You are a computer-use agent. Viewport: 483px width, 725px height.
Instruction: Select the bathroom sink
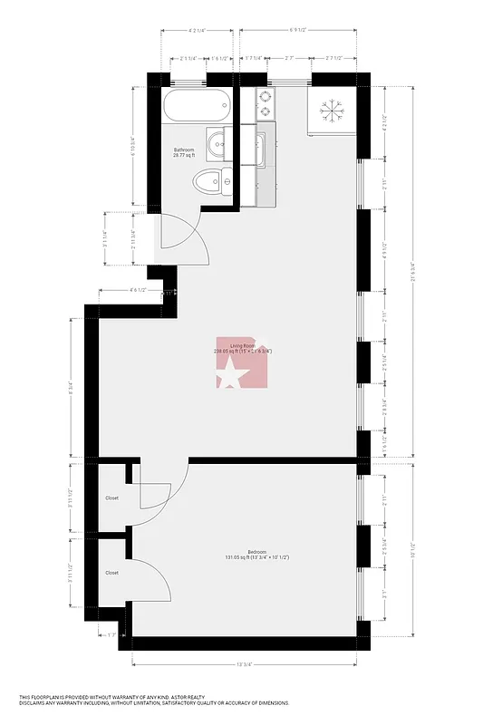pos(218,143)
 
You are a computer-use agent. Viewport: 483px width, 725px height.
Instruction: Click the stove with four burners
pos(266,104)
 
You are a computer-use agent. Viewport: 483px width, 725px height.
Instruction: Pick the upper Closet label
pos(111,498)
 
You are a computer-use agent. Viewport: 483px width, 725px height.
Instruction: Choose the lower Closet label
pos(111,573)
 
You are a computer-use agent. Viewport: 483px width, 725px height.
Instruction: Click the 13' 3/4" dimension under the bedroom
pos(244,666)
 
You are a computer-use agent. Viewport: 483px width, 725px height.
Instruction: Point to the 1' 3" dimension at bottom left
pos(112,635)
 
